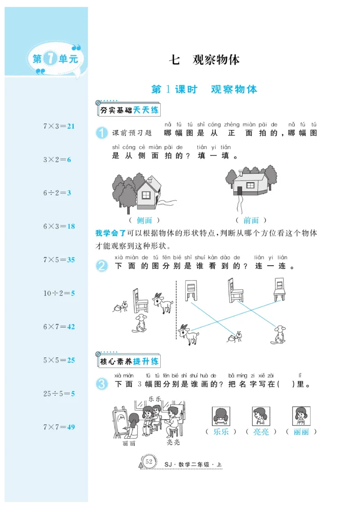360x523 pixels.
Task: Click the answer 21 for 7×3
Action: pos(71,126)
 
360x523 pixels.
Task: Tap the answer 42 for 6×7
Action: pos(71,327)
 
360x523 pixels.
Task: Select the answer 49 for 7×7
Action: pos(71,427)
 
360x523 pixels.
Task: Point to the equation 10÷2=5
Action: pos(59,293)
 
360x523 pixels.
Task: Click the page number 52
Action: pos(149,462)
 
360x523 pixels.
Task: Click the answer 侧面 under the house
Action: pos(144,220)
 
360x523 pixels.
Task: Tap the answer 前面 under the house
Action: pos(251,220)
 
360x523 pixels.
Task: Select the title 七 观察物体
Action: pos(204,60)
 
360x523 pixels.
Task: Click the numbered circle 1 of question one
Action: pos(102,133)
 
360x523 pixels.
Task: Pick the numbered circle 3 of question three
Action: pos(102,384)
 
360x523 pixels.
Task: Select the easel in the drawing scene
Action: pos(119,420)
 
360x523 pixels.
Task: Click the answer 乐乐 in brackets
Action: pos(221,432)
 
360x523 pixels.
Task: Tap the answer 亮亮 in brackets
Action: pos(261,432)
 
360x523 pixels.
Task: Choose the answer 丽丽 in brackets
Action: pos(301,432)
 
